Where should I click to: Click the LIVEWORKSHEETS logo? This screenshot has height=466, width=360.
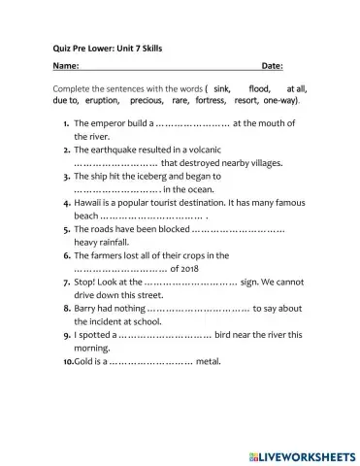[304, 453]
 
